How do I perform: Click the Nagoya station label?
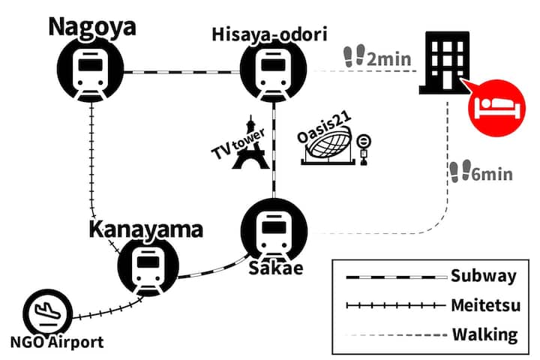[x=92, y=27]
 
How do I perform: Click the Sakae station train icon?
[x=274, y=231]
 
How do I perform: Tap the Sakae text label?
[x=275, y=268]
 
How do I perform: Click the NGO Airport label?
[x=55, y=343]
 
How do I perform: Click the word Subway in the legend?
[x=484, y=276]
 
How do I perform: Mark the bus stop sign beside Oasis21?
[x=364, y=148]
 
